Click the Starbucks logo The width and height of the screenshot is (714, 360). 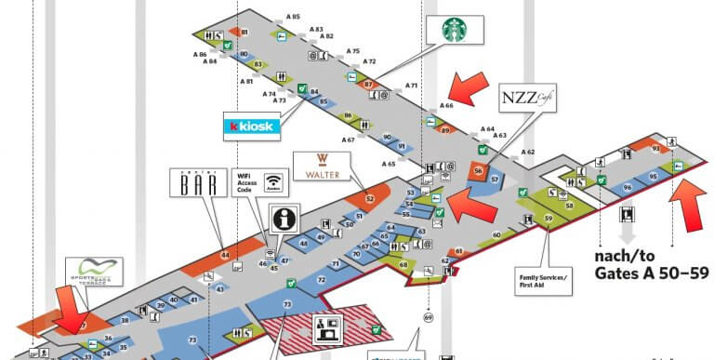456,30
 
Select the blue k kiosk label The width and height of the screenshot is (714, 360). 251,126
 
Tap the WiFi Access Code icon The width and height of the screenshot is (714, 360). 272,182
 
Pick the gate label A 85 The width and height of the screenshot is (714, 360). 293,17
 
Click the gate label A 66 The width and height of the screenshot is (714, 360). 446,106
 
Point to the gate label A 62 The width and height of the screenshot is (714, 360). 527,152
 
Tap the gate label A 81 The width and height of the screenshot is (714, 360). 245,82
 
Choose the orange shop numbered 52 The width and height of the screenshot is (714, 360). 369,197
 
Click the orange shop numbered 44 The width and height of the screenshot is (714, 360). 224,254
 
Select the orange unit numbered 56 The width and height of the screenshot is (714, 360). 478,171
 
